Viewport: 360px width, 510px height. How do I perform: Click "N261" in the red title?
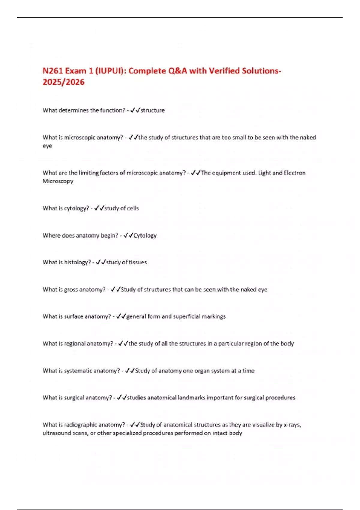[53, 71]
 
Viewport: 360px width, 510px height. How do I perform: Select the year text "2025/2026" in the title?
[64, 82]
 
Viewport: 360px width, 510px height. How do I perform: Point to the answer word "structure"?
[153, 110]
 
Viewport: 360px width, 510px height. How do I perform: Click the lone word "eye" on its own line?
[47, 146]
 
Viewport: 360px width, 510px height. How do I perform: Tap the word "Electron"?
[294, 173]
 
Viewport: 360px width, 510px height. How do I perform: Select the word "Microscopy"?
[58, 181]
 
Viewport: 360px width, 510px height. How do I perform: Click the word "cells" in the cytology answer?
[133, 208]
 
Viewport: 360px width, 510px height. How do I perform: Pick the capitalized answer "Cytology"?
[145, 235]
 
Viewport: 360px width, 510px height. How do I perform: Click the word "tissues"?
[138, 262]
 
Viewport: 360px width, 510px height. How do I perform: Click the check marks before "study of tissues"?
[101, 262]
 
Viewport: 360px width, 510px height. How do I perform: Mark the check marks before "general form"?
[121, 316]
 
